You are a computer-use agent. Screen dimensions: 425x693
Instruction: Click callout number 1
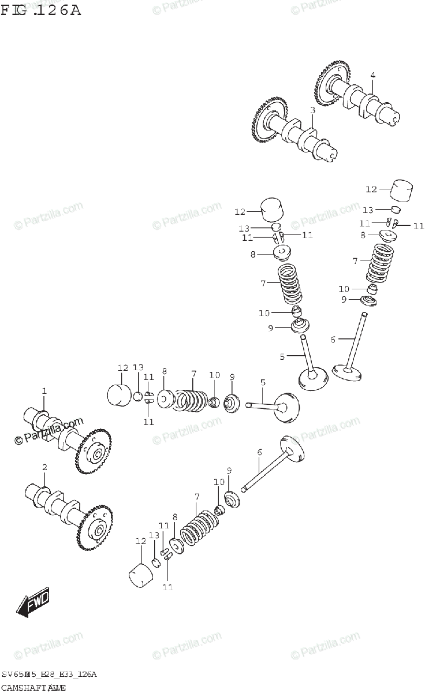tap(44, 392)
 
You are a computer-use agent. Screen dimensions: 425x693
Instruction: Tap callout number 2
tap(44, 467)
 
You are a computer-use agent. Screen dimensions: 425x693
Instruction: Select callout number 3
tap(312, 110)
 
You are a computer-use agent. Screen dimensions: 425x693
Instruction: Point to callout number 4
tap(372, 75)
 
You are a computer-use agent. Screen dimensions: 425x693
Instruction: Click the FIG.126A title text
tap(40, 10)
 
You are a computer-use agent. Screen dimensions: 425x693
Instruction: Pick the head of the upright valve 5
tap(313, 380)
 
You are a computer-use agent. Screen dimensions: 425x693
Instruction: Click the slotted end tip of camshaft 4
tap(394, 118)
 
